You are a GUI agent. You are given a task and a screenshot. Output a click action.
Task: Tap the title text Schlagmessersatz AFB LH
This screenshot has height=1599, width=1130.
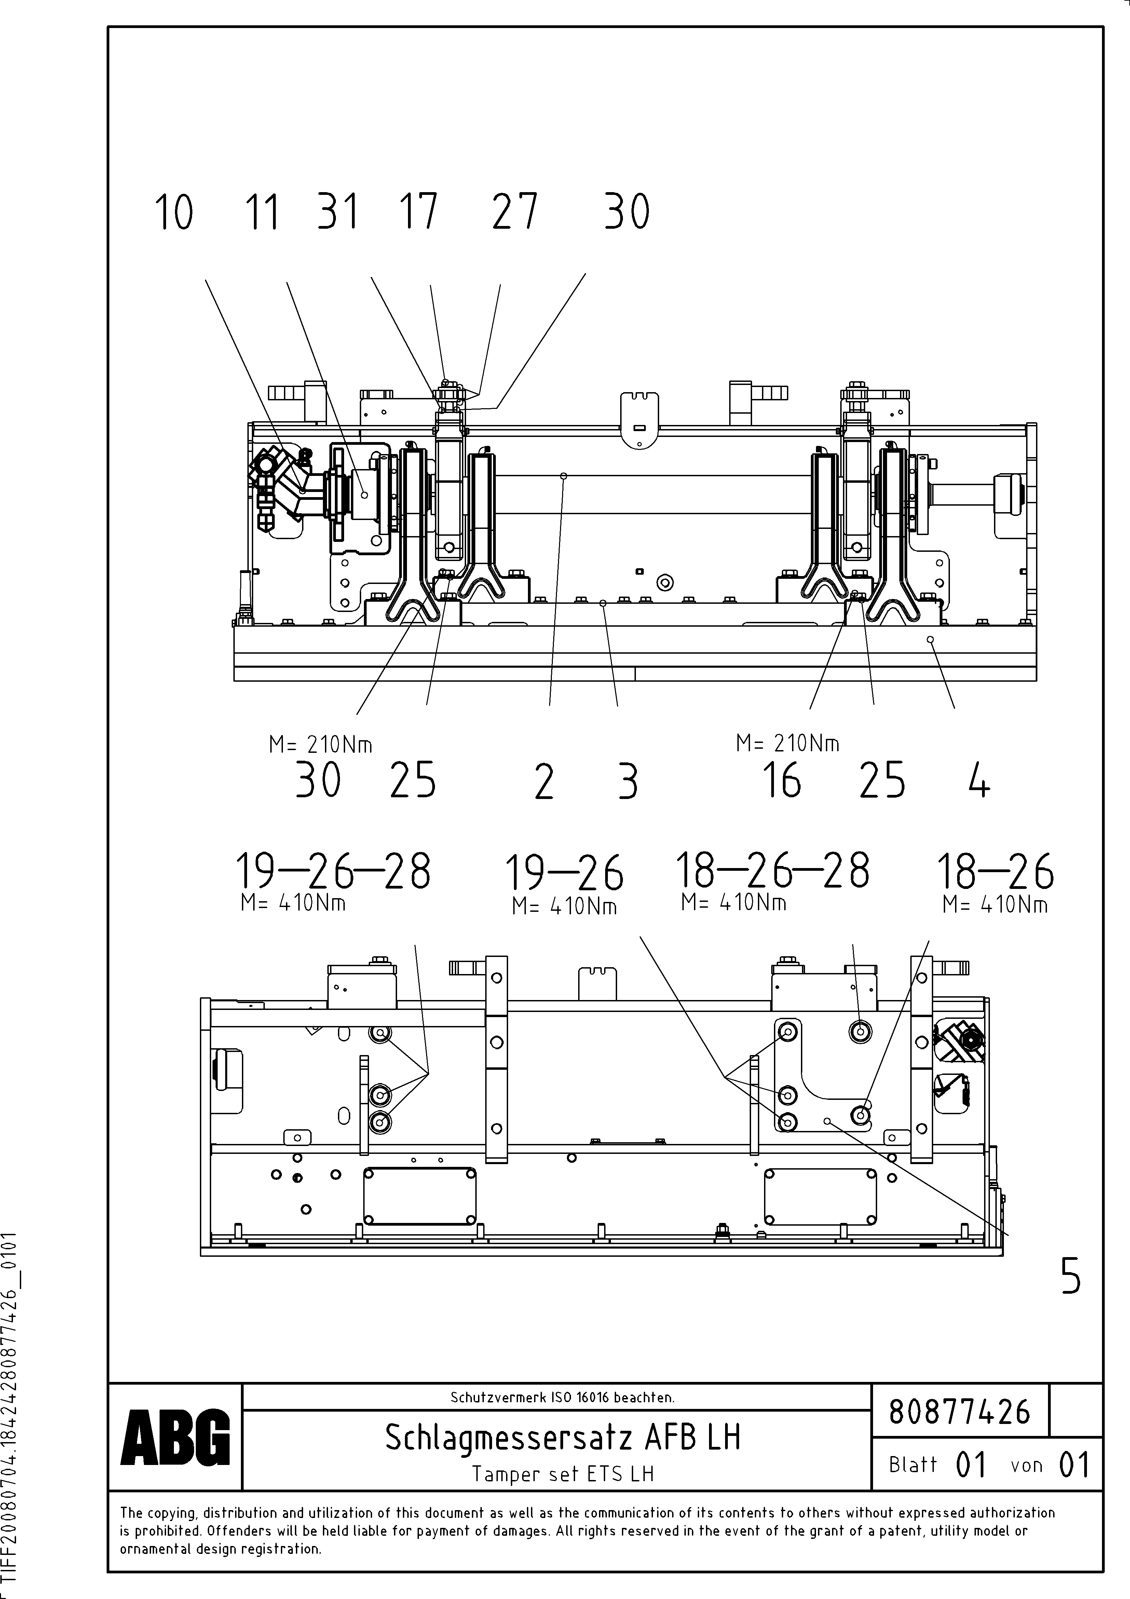point(562,1437)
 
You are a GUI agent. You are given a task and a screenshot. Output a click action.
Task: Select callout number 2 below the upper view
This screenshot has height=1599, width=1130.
point(544,782)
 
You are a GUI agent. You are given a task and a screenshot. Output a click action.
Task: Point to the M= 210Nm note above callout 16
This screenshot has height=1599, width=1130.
point(788,744)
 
